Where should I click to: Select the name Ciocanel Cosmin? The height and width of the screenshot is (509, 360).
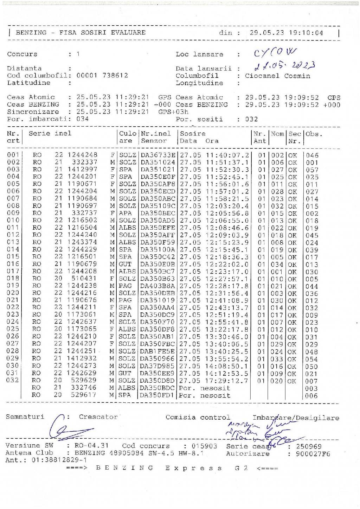[277, 76]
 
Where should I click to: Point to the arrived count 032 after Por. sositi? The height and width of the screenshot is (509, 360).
[252, 119]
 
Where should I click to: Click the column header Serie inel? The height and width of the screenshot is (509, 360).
[50, 133]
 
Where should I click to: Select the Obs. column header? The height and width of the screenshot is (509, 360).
[314, 134]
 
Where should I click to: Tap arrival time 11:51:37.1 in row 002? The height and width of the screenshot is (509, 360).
[227, 163]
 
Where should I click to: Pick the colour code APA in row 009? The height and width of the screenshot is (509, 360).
[125, 213]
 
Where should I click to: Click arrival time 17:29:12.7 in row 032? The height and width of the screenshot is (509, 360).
[227, 381]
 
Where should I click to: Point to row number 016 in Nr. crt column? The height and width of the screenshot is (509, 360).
[13, 264]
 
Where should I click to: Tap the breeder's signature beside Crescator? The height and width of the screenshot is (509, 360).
[70, 430]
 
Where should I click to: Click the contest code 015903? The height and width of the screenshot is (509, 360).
[204, 446]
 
